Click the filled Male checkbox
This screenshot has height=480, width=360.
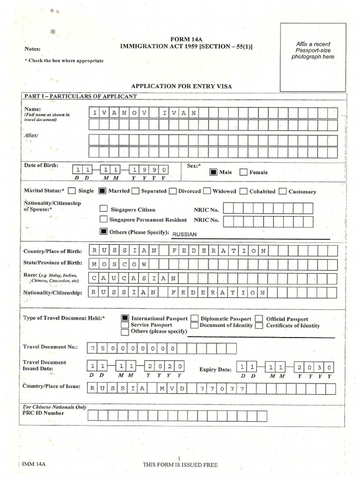pos(213,172)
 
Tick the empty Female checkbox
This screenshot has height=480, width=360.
pos(243,172)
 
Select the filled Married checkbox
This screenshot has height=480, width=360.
pos(103,191)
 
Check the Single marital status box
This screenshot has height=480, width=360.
pos(72,191)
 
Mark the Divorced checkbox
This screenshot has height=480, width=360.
pos(172,191)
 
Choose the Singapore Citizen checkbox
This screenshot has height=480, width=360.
pos(103,209)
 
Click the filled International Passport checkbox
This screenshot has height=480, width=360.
pos(125,318)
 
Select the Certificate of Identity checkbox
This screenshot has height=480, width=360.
pos(259,325)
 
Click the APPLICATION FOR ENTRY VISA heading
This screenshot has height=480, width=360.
pos(181,86)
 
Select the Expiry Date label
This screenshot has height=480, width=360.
pos(215,369)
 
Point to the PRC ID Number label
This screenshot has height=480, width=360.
pos(44,413)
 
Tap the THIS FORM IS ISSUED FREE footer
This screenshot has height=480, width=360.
pos(180,465)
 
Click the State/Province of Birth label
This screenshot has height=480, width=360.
pos(52,263)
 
